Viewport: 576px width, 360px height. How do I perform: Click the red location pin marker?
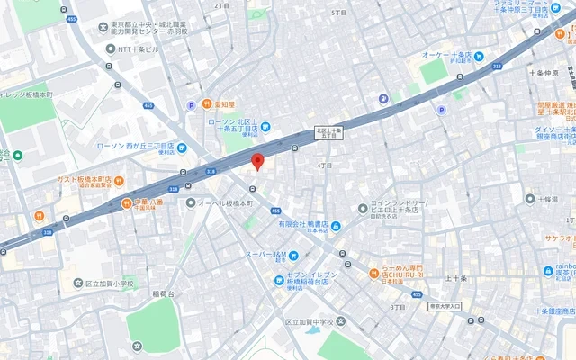click(x=256, y=162)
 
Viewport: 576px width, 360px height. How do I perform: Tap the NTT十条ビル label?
click(x=137, y=49)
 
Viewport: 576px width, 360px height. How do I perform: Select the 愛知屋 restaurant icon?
click(x=207, y=104)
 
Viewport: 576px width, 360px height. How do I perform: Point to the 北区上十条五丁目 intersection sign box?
click(x=328, y=131)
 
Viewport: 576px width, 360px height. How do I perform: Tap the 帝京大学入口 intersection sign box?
click(x=445, y=307)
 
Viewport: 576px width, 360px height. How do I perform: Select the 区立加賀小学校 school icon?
click(x=78, y=283)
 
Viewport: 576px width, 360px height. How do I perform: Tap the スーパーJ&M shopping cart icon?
click(x=293, y=255)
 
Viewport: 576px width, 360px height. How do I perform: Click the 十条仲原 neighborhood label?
click(x=545, y=73)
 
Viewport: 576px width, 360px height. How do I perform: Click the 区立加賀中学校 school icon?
click(x=341, y=321)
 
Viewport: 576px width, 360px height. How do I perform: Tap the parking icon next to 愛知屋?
click(x=191, y=105)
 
